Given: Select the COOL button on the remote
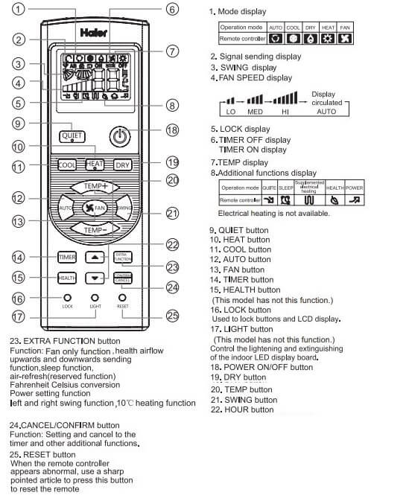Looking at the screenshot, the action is [x=68, y=165].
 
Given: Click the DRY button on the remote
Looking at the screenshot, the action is [x=123, y=165].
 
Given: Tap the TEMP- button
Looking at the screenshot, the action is [x=95, y=230].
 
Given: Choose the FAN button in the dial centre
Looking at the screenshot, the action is [x=95, y=208].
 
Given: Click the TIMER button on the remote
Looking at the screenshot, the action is [x=67, y=257].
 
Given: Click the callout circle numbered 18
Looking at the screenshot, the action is [x=172, y=130].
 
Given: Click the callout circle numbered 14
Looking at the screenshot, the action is [x=18, y=258].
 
